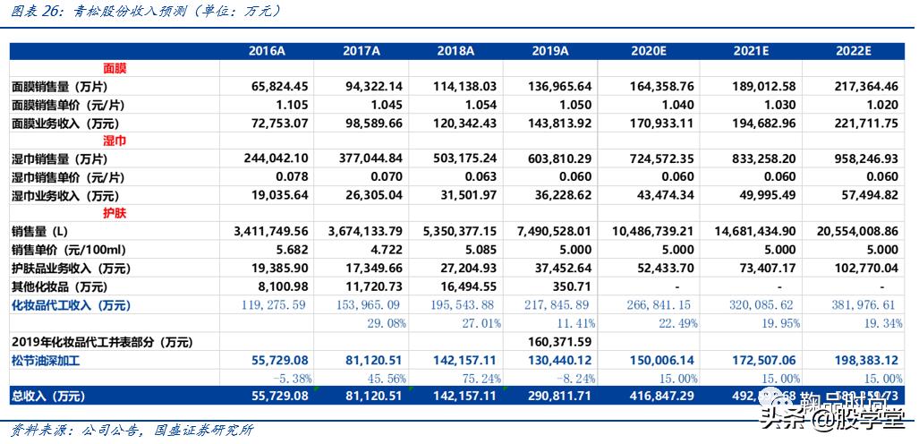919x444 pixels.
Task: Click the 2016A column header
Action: point(267,50)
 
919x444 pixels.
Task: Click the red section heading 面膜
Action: point(115,68)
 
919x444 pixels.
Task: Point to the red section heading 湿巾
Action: point(115,141)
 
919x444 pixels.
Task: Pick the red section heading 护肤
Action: point(115,213)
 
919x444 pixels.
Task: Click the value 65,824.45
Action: point(280,87)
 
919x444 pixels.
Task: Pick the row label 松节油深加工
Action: point(47,359)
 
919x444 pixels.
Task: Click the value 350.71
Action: point(572,286)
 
